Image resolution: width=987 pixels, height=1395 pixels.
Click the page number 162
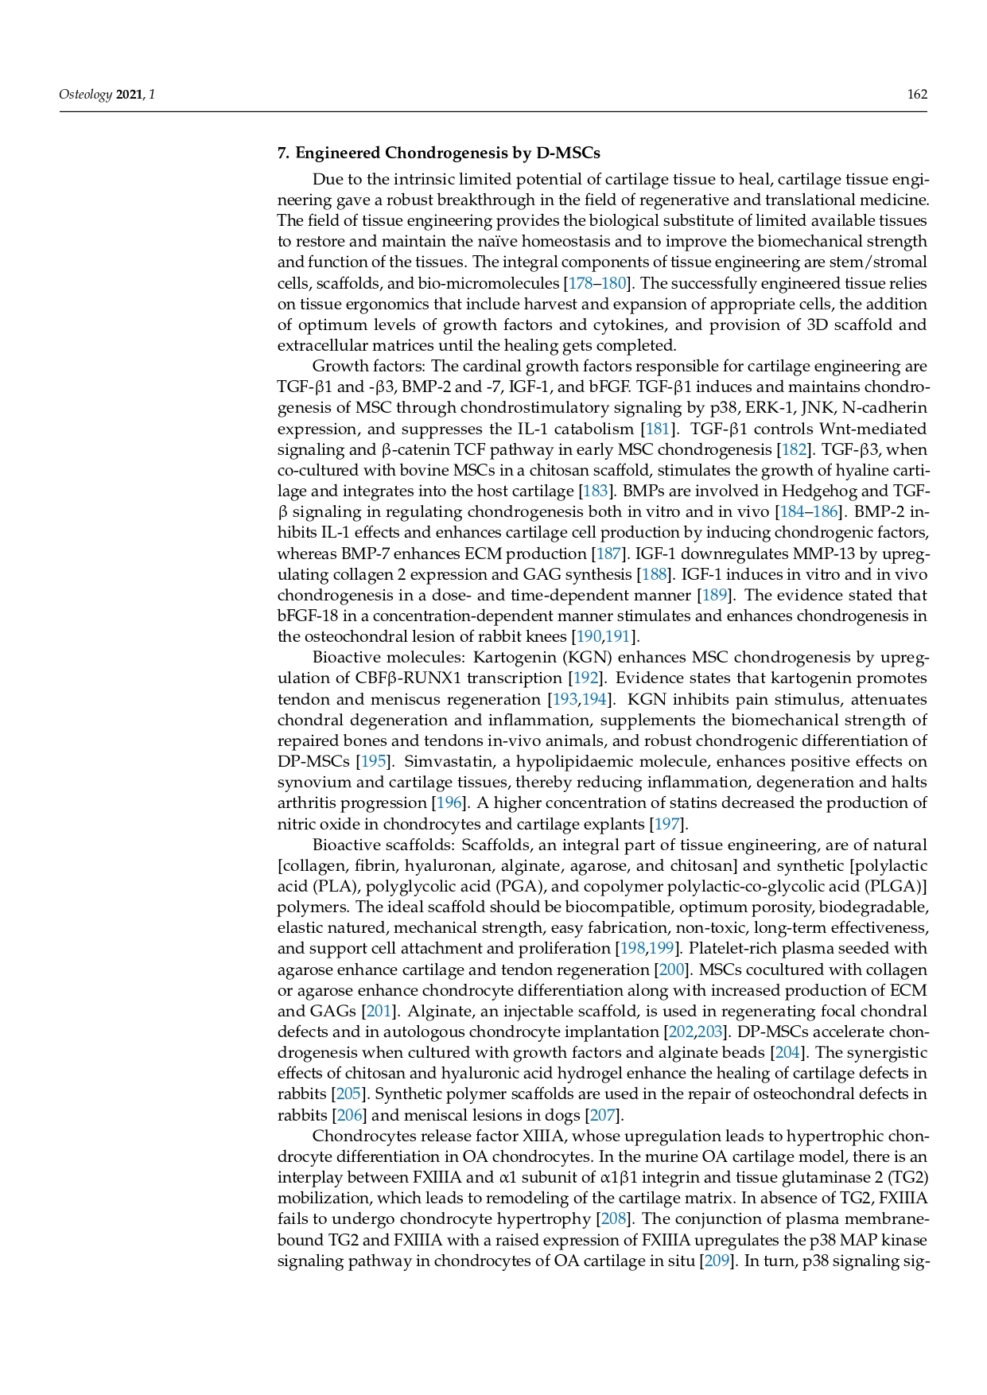point(917,95)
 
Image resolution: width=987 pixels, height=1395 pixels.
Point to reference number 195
point(373,761)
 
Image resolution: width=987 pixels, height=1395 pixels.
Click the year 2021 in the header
point(130,95)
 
